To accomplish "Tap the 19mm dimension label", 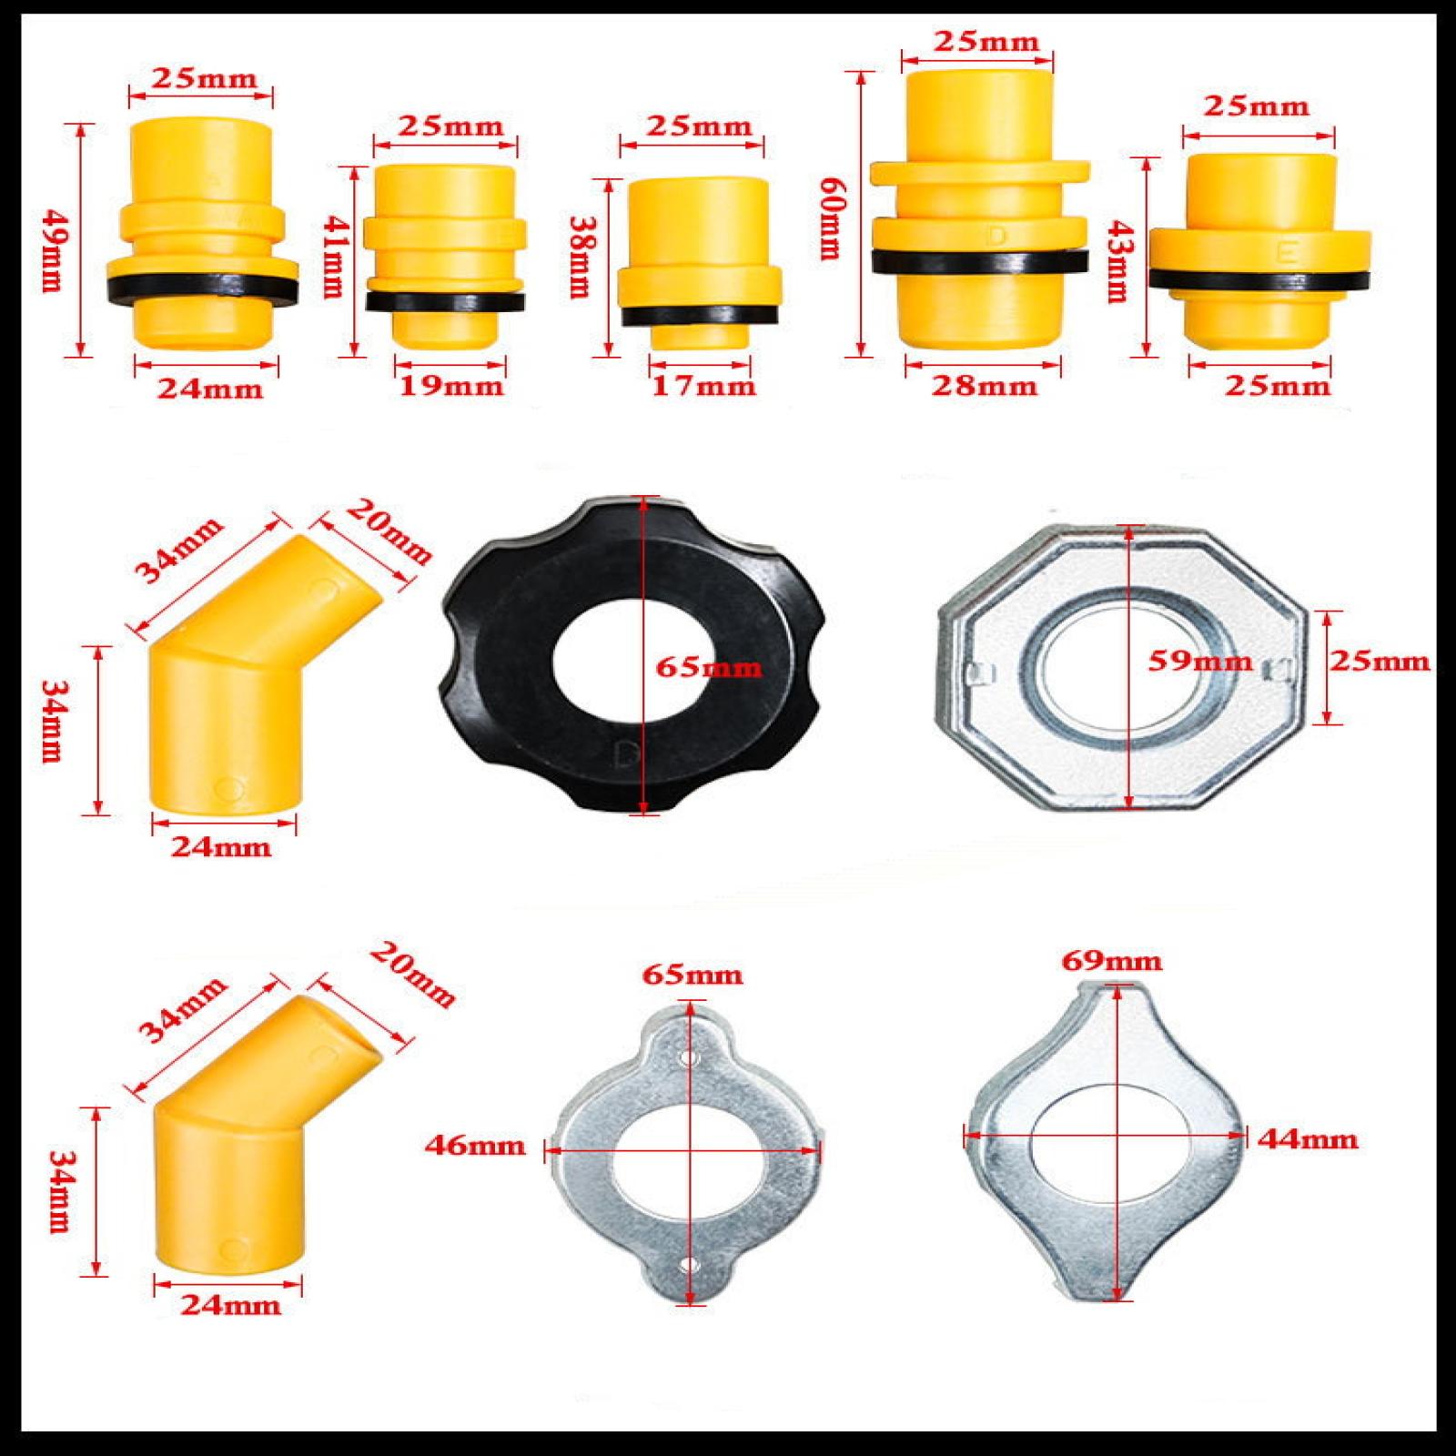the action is pyautogui.click(x=450, y=387).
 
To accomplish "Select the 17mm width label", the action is pyautogui.click(x=703, y=387).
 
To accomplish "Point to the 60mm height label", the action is pyautogui.click(x=830, y=218).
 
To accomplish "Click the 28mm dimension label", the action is pyautogui.click(x=984, y=387).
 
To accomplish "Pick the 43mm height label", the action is pyautogui.click(x=1116, y=263).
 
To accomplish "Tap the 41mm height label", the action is pyautogui.click(x=335, y=256).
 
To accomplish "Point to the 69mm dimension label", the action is pyautogui.click(x=1112, y=961).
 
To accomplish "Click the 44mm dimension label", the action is pyautogui.click(x=1308, y=1138).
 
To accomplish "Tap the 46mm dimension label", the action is pyautogui.click(x=475, y=1145).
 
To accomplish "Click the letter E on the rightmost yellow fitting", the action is pyautogui.click(x=1287, y=254).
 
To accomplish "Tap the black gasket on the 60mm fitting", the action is pyautogui.click(x=980, y=261).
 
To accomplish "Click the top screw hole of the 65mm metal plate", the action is pyautogui.click(x=688, y=1060).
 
